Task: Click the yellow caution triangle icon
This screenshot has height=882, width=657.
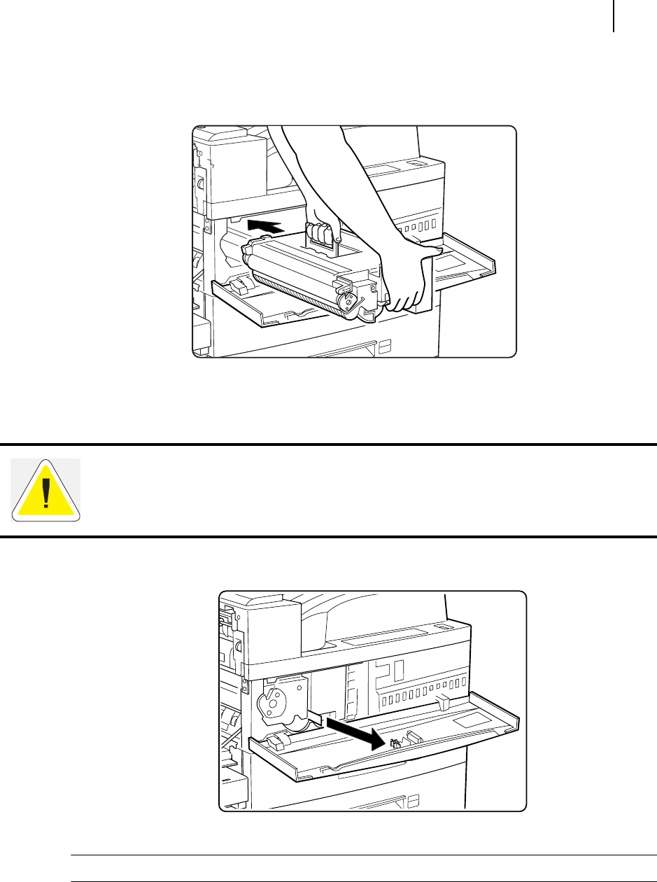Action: click(x=46, y=490)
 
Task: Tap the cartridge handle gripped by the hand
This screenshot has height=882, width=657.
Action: click(x=321, y=235)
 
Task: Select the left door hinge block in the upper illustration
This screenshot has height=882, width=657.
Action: click(x=239, y=286)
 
